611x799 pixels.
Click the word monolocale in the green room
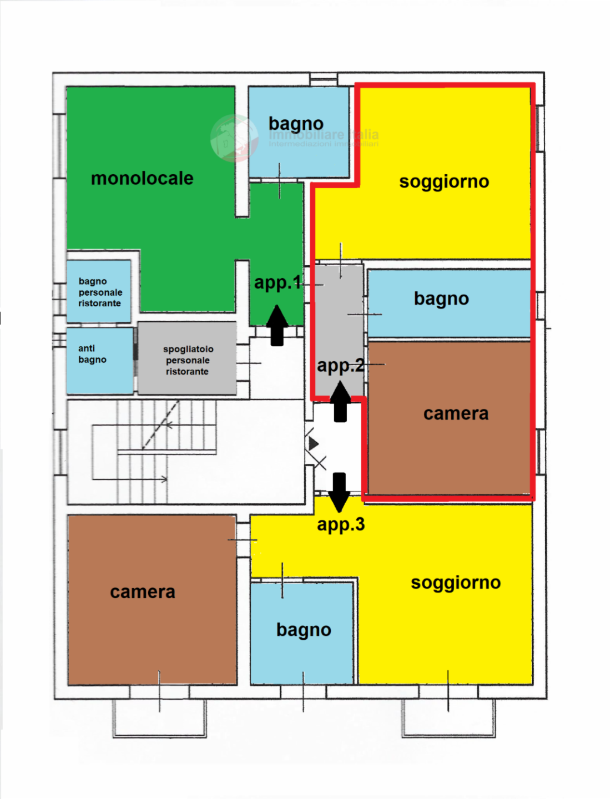[142, 179]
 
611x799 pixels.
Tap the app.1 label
[277, 282]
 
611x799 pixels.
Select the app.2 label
[340, 366]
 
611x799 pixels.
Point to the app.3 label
[341, 524]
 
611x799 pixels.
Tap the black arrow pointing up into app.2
[340, 402]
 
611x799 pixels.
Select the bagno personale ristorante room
[99, 292]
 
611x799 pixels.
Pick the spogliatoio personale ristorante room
[187, 360]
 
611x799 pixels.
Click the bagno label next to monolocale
[296, 124]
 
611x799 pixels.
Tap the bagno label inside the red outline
[441, 299]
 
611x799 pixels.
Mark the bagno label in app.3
[304, 630]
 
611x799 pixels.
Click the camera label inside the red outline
[456, 413]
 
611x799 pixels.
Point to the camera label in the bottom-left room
[142, 592]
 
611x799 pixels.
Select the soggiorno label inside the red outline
[444, 181]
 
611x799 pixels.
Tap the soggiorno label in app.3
[456, 583]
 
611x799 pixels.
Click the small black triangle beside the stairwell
[314, 443]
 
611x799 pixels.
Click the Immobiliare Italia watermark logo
[234, 138]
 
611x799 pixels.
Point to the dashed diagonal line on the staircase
[160, 424]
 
